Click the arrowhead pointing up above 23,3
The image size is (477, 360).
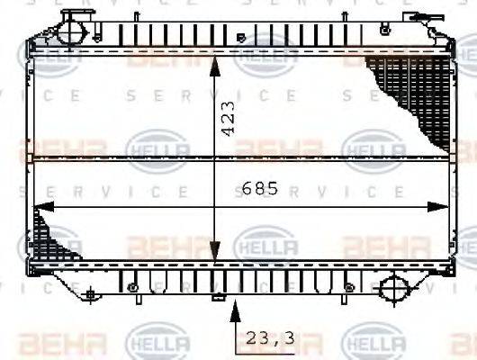236,309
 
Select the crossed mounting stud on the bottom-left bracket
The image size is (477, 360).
90,293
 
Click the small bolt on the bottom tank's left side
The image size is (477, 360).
132,287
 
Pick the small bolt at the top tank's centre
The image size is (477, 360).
239,38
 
